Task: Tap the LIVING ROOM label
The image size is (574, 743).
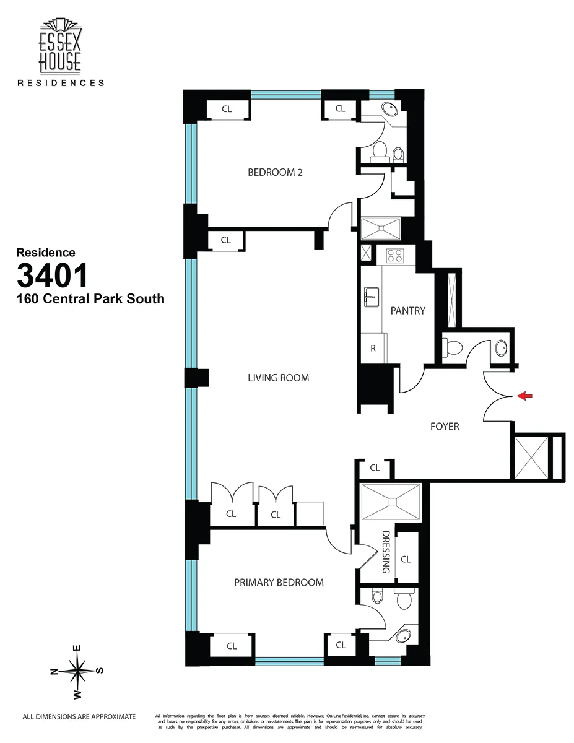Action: [x=278, y=378]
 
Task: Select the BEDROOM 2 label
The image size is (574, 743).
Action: [x=275, y=172]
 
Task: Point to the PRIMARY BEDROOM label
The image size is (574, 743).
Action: [x=279, y=582]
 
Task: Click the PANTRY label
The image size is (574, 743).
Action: [x=407, y=310]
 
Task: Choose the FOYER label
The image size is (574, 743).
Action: [x=445, y=427]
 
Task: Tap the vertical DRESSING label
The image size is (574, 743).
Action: [x=386, y=551]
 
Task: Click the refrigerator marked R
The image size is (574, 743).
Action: [x=373, y=348]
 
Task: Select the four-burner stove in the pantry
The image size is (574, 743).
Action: [x=394, y=254]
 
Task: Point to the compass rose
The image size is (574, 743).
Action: [x=77, y=671]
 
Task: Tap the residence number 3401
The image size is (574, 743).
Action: [x=53, y=276]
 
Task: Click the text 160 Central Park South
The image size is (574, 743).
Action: [x=90, y=299]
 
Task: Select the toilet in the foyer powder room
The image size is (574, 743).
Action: [x=452, y=349]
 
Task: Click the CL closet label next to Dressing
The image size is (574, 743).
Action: [x=406, y=559]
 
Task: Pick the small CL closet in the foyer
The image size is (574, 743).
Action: [x=375, y=468]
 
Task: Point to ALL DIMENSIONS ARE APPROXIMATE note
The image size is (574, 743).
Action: [x=79, y=716]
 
